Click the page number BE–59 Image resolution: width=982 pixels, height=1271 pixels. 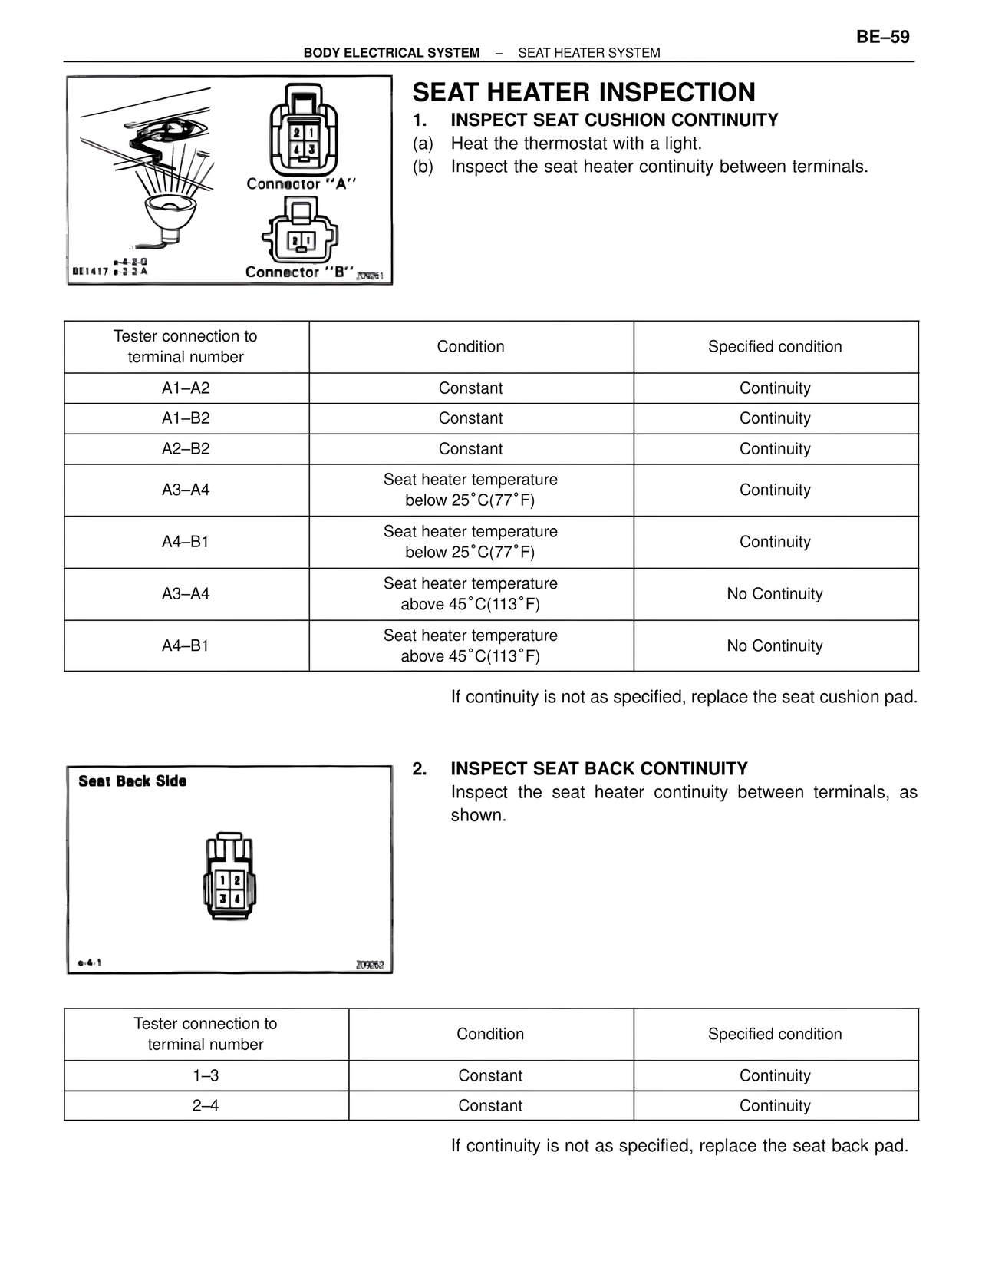point(882,37)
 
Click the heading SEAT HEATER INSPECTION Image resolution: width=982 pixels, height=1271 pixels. point(583,92)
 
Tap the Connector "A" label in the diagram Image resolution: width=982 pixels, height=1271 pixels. point(302,184)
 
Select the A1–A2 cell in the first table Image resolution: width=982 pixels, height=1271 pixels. point(186,388)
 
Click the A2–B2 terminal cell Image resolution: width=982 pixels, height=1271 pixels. point(186,449)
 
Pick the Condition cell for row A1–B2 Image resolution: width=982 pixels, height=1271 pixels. point(470,418)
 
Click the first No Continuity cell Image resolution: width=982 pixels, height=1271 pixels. point(775,594)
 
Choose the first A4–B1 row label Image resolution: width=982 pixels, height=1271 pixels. point(186,542)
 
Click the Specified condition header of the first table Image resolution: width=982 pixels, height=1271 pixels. point(775,347)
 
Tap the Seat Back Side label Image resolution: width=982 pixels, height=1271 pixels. point(132,781)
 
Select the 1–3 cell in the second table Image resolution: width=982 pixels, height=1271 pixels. point(206,1076)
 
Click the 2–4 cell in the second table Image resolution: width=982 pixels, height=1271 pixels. point(206,1106)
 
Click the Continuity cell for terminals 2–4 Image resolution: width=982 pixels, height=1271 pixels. point(775,1106)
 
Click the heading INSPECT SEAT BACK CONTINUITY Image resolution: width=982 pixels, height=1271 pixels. point(598,769)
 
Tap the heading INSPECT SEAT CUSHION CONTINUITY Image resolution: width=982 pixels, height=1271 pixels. point(614,120)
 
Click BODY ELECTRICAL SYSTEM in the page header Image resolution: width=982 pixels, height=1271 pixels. point(391,53)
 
